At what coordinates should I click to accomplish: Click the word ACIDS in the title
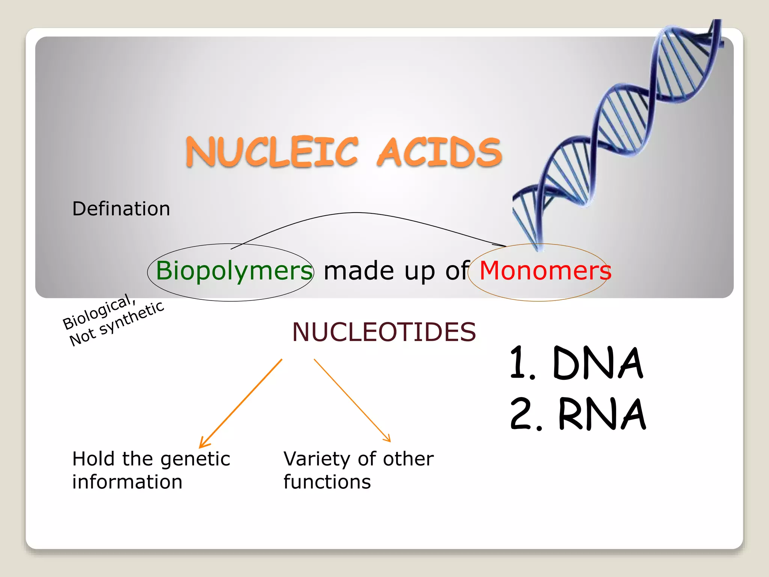[x=439, y=152]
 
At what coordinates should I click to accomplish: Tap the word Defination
[x=121, y=209]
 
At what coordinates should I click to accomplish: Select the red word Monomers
[x=545, y=270]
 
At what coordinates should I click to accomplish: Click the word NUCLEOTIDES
[x=384, y=332]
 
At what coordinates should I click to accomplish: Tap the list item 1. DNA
[x=577, y=363]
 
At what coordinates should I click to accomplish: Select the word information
[x=127, y=482]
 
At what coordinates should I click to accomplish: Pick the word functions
[x=327, y=482]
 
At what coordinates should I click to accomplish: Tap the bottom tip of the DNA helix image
[x=538, y=249]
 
